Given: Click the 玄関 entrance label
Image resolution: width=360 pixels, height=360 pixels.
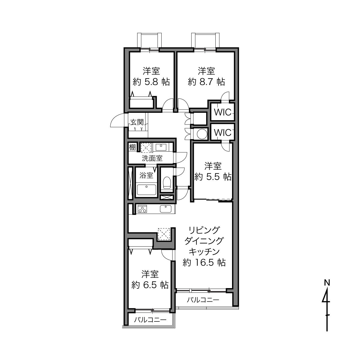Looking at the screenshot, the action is click(x=137, y=122).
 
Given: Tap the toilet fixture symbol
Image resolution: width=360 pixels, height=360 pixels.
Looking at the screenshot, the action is click(x=167, y=183).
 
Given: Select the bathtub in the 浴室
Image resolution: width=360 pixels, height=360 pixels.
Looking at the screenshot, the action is click(x=146, y=190).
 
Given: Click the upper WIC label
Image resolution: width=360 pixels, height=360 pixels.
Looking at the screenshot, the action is click(x=223, y=112).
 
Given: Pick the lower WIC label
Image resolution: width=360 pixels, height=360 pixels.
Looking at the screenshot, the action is click(x=223, y=133).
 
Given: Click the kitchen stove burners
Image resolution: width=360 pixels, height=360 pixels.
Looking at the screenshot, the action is click(x=142, y=209).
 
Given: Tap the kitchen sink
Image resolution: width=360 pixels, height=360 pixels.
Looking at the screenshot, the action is click(x=166, y=209).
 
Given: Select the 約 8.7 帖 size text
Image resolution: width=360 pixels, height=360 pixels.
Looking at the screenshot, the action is click(x=206, y=82).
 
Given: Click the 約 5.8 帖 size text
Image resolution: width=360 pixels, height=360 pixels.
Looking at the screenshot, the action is click(x=151, y=82).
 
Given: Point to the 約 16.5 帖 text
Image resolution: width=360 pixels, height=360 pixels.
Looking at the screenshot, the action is click(x=204, y=263).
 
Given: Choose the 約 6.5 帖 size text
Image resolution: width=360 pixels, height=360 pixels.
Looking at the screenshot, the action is click(x=150, y=285).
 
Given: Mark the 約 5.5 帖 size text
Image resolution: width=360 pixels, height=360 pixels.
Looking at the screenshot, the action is click(x=213, y=177).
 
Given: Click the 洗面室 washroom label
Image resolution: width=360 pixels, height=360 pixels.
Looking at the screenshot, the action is click(x=152, y=158).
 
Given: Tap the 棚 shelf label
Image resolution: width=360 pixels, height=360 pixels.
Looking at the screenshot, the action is click(x=133, y=148).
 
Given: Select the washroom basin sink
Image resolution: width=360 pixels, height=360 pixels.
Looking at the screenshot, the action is click(x=161, y=147).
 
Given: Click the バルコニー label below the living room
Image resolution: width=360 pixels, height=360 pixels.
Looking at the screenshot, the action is click(x=203, y=300).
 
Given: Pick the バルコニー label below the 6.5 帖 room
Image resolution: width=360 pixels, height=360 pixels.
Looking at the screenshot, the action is click(x=150, y=320).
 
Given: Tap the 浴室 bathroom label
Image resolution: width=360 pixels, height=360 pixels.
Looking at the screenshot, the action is click(x=146, y=175).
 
